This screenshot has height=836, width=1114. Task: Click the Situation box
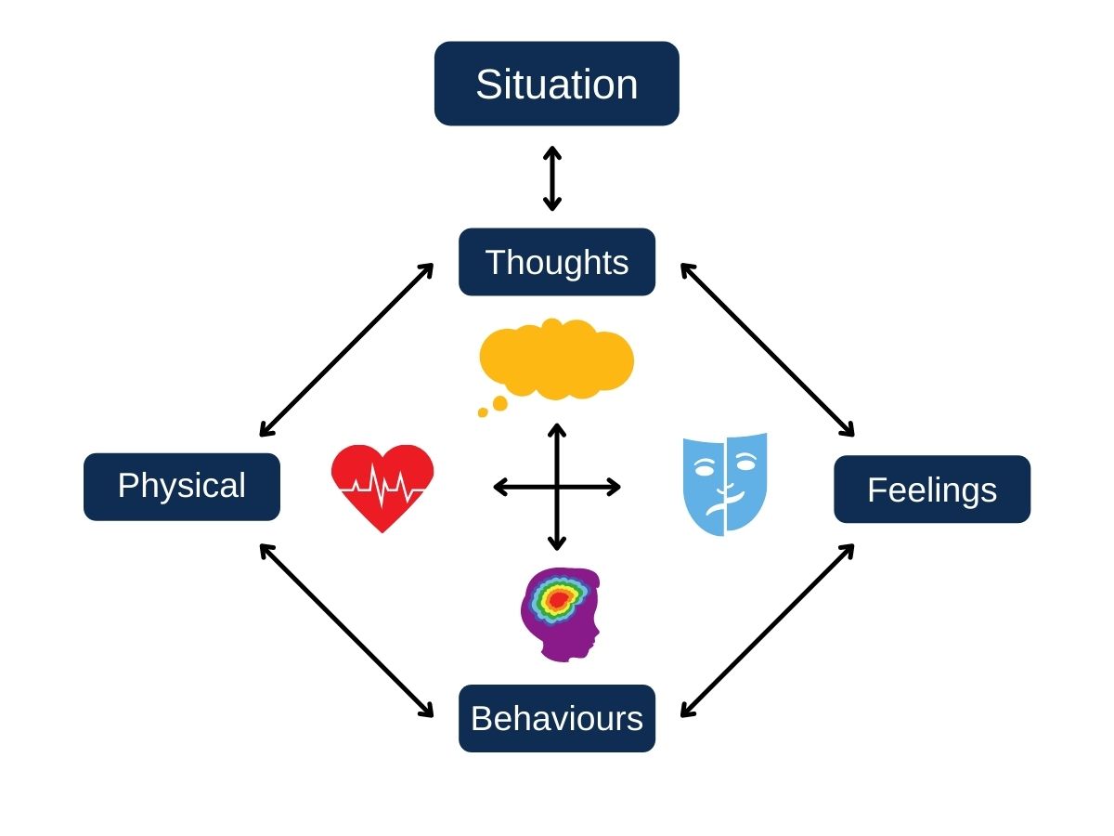(x=557, y=84)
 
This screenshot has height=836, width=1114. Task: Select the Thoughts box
(x=557, y=262)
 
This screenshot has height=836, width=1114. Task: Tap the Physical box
(x=182, y=487)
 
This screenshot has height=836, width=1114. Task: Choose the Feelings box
(x=932, y=490)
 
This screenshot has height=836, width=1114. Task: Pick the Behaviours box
(x=557, y=718)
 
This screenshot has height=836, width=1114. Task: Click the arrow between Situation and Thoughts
(x=552, y=177)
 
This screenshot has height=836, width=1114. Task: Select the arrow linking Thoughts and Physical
(x=346, y=350)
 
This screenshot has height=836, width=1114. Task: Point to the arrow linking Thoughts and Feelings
(x=767, y=350)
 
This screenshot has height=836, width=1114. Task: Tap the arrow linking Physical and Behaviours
(x=346, y=631)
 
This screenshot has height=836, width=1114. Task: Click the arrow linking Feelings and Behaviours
(x=767, y=631)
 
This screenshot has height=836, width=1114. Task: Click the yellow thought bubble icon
(x=557, y=359)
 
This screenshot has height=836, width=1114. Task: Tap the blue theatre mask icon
(x=725, y=483)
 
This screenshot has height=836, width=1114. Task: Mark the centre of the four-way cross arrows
(x=557, y=487)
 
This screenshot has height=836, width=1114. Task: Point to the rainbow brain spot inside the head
(x=555, y=599)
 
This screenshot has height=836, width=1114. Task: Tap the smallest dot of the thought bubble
(x=483, y=412)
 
